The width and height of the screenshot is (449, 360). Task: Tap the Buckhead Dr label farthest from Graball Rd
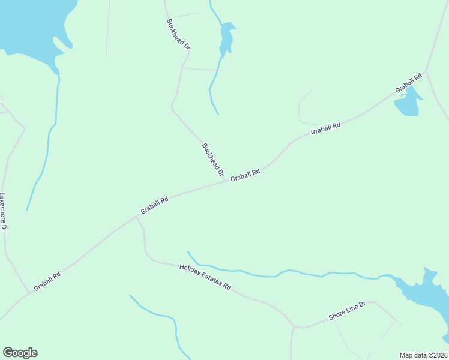pos(179,34)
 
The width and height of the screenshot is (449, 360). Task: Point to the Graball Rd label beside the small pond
pos(409,85)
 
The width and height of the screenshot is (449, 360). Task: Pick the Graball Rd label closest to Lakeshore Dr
pos(47,282)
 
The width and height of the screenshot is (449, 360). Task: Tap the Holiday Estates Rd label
pos(205,277)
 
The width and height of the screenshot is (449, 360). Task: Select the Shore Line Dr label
pos(347,311)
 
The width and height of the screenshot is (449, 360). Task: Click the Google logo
pos(20,353)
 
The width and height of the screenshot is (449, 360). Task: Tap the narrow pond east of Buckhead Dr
pos(226,40)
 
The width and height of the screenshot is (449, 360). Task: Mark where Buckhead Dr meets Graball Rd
pos(226,181)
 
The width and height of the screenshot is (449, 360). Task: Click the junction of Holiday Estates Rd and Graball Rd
pos(137,217)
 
